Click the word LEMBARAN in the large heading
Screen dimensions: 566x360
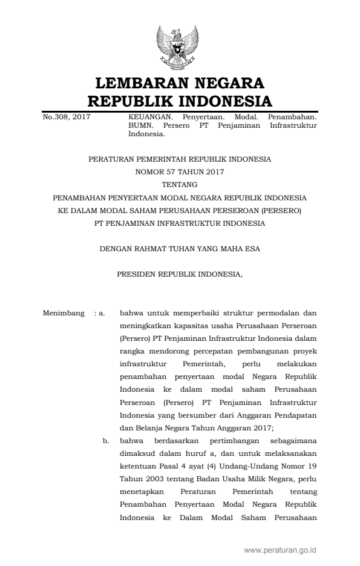point(144,84)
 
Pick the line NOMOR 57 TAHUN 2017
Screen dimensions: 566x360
point(180,172)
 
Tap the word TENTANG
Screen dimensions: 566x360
point(180,185)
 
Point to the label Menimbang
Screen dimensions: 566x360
point(64,313)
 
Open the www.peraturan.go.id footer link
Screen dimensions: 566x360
point(280,550)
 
